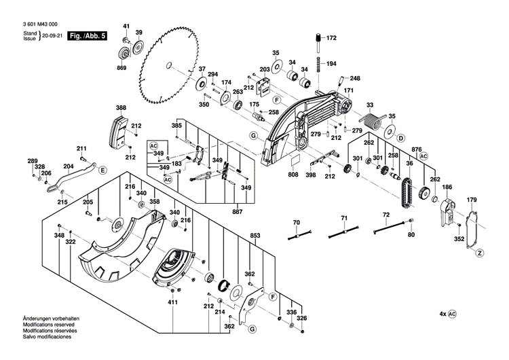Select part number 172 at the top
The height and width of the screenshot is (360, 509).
point(331,38)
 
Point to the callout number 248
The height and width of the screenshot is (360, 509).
point(355,78)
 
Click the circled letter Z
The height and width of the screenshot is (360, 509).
point(478,253)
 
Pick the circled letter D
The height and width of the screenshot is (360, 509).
point(401,139)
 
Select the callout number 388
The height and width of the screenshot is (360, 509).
point(121,108)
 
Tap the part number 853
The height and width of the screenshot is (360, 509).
point(255,236)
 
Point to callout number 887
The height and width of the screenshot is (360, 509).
point(238,212)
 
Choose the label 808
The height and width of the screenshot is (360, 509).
point(293,175)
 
